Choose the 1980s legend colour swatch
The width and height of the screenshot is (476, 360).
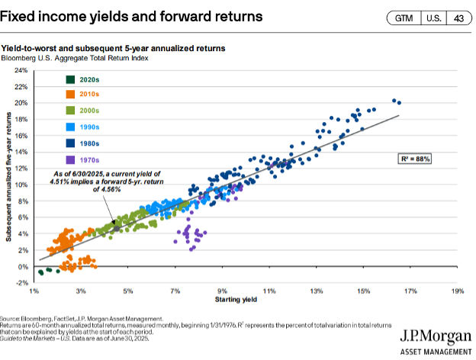pyautogui.click(x=70, y=143)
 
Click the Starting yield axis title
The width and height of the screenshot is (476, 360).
pyautogui.click(x=245, y=301)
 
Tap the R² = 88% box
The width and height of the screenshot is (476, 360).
pyautogui.click(x=416, y=159)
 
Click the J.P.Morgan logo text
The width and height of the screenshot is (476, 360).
pyautogui.click(x=433, y=337)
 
